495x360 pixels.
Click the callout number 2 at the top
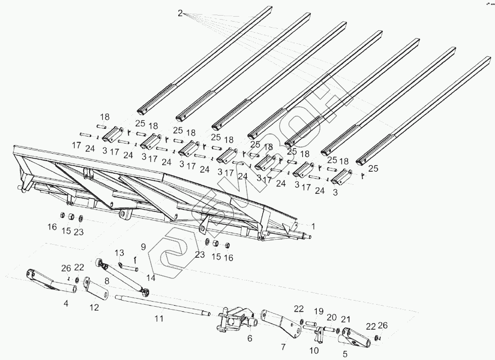point(180,14)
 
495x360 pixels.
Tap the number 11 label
point(159,318)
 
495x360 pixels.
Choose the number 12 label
point(94,308)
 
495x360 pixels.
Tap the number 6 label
point(250,339)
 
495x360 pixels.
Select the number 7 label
point(283,347)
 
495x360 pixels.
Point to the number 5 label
point(345,354)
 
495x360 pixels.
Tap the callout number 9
point(143,247)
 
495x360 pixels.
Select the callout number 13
point(119,252)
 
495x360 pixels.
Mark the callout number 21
point(345,319)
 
